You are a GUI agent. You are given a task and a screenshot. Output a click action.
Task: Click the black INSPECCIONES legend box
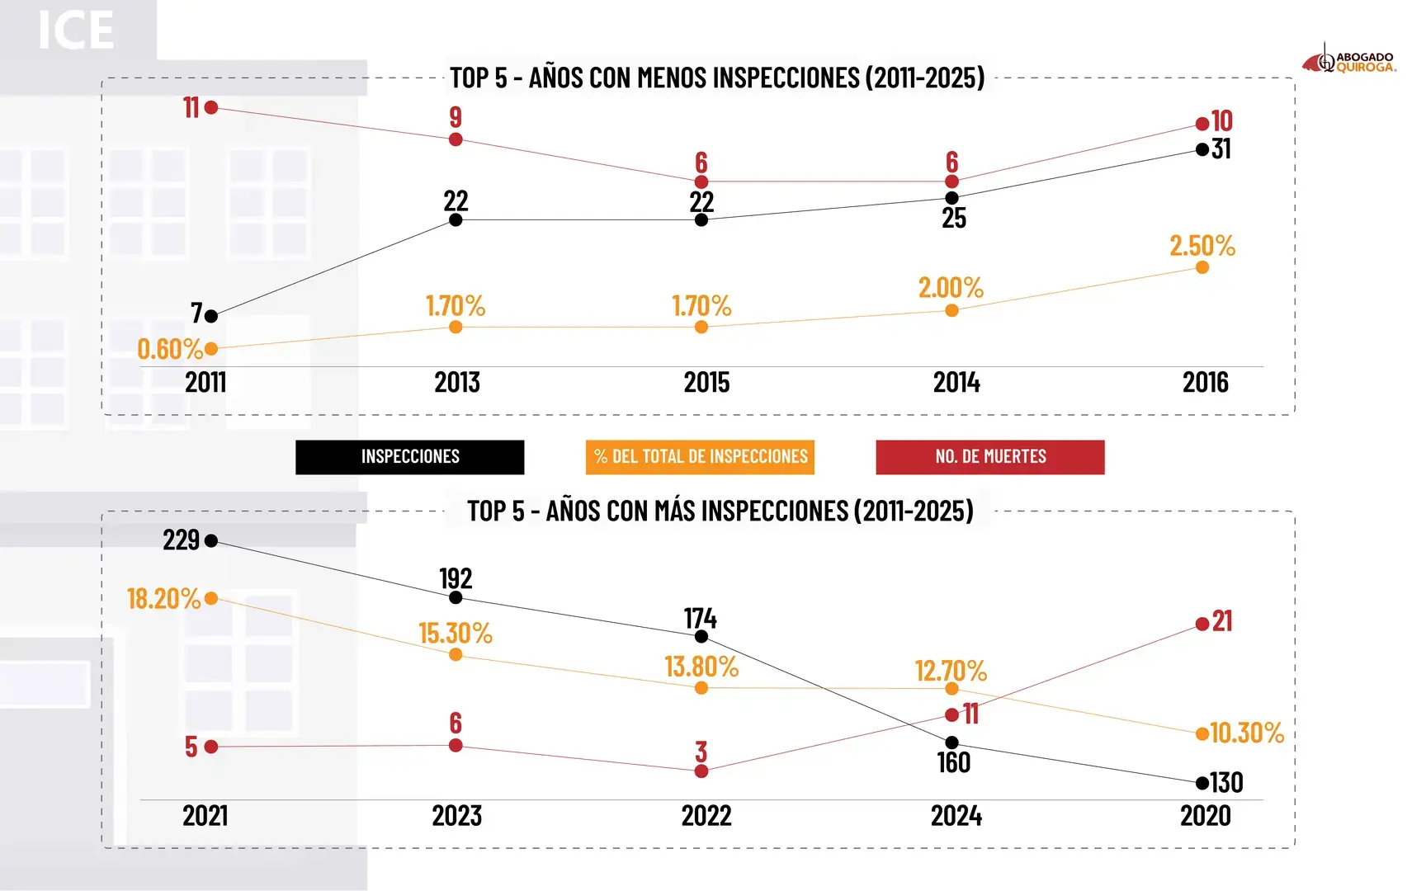409,457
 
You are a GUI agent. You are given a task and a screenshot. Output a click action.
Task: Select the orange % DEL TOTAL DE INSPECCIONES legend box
700,457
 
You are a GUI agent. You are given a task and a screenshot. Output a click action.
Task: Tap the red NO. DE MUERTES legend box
989,457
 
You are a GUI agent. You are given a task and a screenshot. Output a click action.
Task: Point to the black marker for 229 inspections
211,541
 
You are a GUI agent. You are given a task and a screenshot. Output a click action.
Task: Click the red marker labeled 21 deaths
1202,625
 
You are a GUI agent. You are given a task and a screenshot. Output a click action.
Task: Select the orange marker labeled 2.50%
1202,267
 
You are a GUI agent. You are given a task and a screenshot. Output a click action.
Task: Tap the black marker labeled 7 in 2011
211,316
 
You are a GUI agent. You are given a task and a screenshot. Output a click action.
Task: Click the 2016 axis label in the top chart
1205,383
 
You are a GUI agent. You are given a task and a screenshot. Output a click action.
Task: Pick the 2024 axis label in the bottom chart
956,816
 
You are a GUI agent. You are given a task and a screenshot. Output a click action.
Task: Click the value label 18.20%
163,599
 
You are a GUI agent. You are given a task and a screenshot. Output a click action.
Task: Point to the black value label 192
456,578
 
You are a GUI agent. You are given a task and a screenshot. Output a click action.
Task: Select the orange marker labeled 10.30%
1202,733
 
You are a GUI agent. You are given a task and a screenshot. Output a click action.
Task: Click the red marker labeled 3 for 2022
701,771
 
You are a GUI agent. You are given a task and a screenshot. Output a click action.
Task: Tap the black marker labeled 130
1202,783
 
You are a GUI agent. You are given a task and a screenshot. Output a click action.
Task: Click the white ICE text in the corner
76,31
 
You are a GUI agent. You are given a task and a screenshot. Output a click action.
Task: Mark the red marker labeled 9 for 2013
456,139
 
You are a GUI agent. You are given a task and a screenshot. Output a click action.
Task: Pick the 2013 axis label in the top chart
457,383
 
